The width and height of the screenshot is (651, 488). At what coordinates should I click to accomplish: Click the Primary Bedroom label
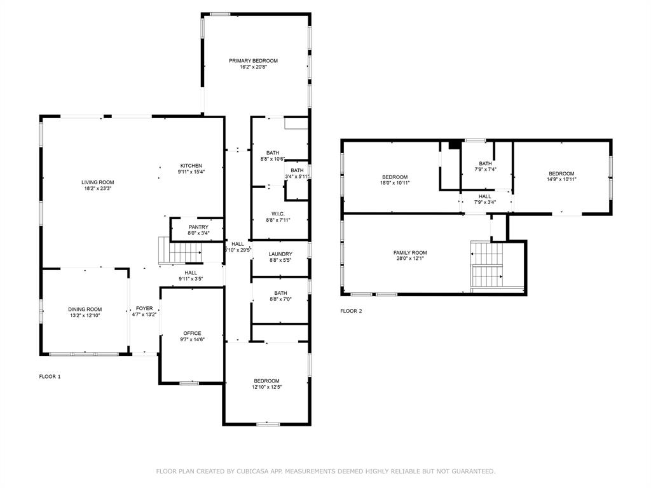pyautogui.click(x=253, y=61)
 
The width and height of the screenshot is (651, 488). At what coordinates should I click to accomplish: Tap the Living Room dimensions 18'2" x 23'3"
pyautogui.click(x=97, y=188)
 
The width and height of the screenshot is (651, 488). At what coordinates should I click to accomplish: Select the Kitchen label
pyautogui.click(x=191, y=166)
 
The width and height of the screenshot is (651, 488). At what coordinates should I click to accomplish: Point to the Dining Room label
pyautogui.click(x=85, y=309)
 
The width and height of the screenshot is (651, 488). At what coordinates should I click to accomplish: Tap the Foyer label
pyautogui.click(x=144, y=308)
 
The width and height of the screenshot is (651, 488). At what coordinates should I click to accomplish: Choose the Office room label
pyautogui.click(x=192, y=333)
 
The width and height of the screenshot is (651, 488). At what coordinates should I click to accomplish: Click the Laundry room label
pyautogui.click(x=280, y=254)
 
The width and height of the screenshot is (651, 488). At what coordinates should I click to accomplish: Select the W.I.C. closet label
pyautogui.click(x=278, y=214)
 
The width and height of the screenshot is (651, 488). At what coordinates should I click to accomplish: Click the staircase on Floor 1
pyautogui.click(x=180, y=250)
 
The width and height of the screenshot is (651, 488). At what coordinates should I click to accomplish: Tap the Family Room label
pyautogui.click(x=410, y=253)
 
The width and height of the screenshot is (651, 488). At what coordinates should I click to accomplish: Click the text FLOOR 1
pyautogui.click(x=50, y=377)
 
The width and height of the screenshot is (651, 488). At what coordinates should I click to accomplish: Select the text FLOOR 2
pyautogui.click(x=351, y=311)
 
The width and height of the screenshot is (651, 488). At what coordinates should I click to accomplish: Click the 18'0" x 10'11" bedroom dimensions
pyautogui.click(x=395, y=183)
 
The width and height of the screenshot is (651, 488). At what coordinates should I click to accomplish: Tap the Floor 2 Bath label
pyautogui.click(x=485, y=163)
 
